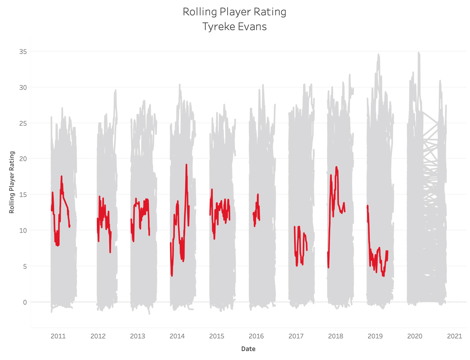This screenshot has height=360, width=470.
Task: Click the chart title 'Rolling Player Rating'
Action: tap(234, 12)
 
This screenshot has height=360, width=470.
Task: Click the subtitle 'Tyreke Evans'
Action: tap(234, 27)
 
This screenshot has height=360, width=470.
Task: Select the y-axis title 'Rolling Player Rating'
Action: tap(12, 182)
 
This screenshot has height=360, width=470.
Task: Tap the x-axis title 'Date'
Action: tap(249, 349)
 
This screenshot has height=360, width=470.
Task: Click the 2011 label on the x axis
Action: tap(58, 336)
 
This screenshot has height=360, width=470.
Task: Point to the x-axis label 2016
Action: tap(256, 336)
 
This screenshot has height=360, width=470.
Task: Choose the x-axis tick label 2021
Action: tap(454, 336)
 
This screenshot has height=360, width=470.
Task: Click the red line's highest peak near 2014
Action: tap(186, 165)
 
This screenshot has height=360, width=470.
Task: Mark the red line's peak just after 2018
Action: tap(336, 167)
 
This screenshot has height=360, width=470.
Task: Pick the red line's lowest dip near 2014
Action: tap(172, 276)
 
